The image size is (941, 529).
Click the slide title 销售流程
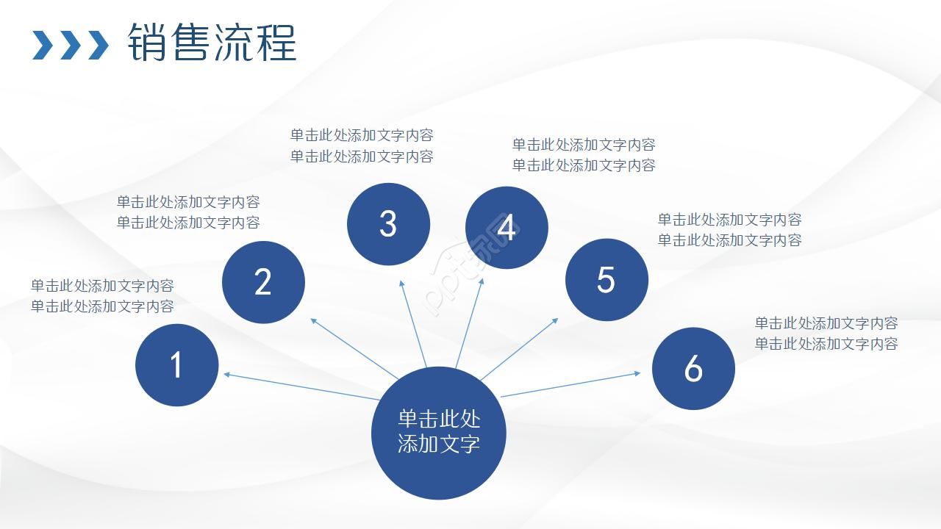tap(212, 43)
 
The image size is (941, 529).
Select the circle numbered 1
tap(176, 365)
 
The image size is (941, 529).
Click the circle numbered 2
tap(263, 282)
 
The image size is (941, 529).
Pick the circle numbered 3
tap(388, 224)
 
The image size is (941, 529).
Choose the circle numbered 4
tap(507, 228)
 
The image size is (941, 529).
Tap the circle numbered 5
tap(606, 280)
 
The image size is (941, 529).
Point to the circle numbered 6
tap(693, 369)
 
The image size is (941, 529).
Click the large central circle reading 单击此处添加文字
tap(439, 432)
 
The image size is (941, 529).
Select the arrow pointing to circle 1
tap(301, 387)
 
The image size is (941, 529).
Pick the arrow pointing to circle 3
tap(413, 323)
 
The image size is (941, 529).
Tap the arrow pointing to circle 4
tap(470, 323)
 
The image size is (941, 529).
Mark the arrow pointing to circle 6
tap(570, 384)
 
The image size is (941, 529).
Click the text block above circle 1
tap(102, 296)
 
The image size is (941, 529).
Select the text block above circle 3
tap(362, 145)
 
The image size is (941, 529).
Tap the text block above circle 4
tap(584, 155)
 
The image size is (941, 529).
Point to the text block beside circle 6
tap(826, 333)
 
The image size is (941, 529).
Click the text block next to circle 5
tap(729, 229)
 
